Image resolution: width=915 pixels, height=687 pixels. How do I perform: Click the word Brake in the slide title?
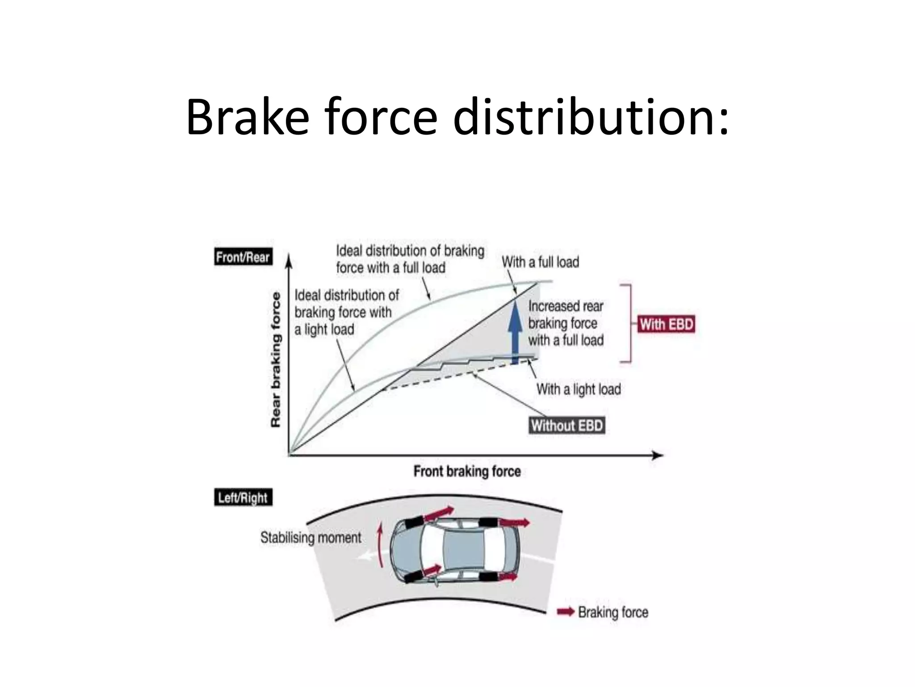click(x=247, y=117)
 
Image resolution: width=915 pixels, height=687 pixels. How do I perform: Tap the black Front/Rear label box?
click(x=243, y=257)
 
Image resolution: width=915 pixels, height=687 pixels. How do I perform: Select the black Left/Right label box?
click(x=243, y=497)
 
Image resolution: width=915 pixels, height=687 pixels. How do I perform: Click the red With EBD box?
click(x=666, y=324)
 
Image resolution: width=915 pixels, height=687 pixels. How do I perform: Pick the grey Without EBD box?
click(x=567, y=425)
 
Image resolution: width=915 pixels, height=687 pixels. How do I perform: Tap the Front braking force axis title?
click(x=467, y=471)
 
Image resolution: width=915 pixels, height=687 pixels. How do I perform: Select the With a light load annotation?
click(x=579, y=389)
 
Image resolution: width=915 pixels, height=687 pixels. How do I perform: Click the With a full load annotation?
click(x=540, y=262)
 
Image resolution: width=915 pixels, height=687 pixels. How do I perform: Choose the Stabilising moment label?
click(x=311, y=537)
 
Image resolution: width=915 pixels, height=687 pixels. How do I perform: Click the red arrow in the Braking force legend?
click(x=566, y=611)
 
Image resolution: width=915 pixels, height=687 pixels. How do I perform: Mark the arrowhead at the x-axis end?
click(x=658, y=455)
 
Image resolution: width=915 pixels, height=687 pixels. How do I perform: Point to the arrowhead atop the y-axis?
click(x=289, y=260)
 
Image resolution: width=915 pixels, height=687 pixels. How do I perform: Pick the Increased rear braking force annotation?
click(x=566, y=323)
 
